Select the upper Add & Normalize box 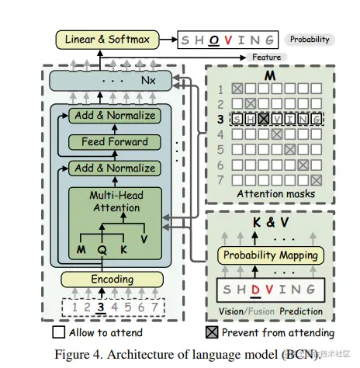(x=113, y=116)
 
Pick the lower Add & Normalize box (x=113, y=168)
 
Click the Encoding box (x=113, y=279)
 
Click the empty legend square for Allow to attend (x=58, y=332)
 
